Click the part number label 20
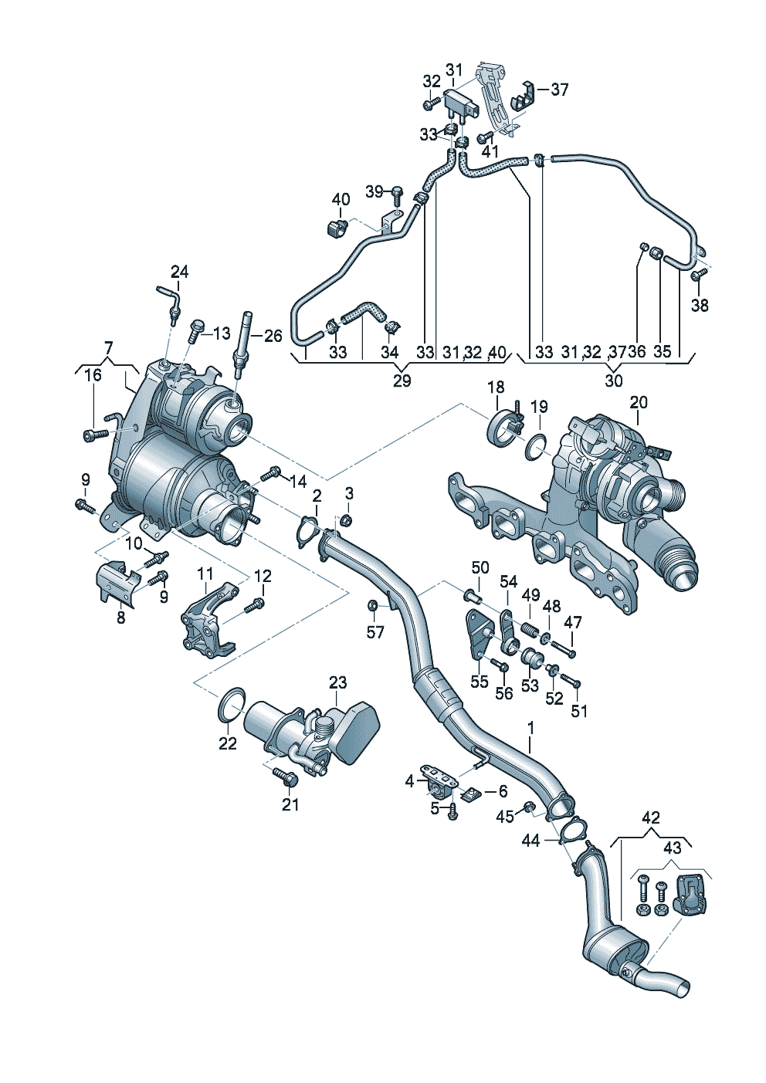639,402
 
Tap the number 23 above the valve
338,683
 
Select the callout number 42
650,817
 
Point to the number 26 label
273,337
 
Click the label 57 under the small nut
375,633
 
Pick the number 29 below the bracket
402,381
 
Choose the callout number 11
205,574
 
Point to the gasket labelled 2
310,532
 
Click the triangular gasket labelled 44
571,831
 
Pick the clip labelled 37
521,94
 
